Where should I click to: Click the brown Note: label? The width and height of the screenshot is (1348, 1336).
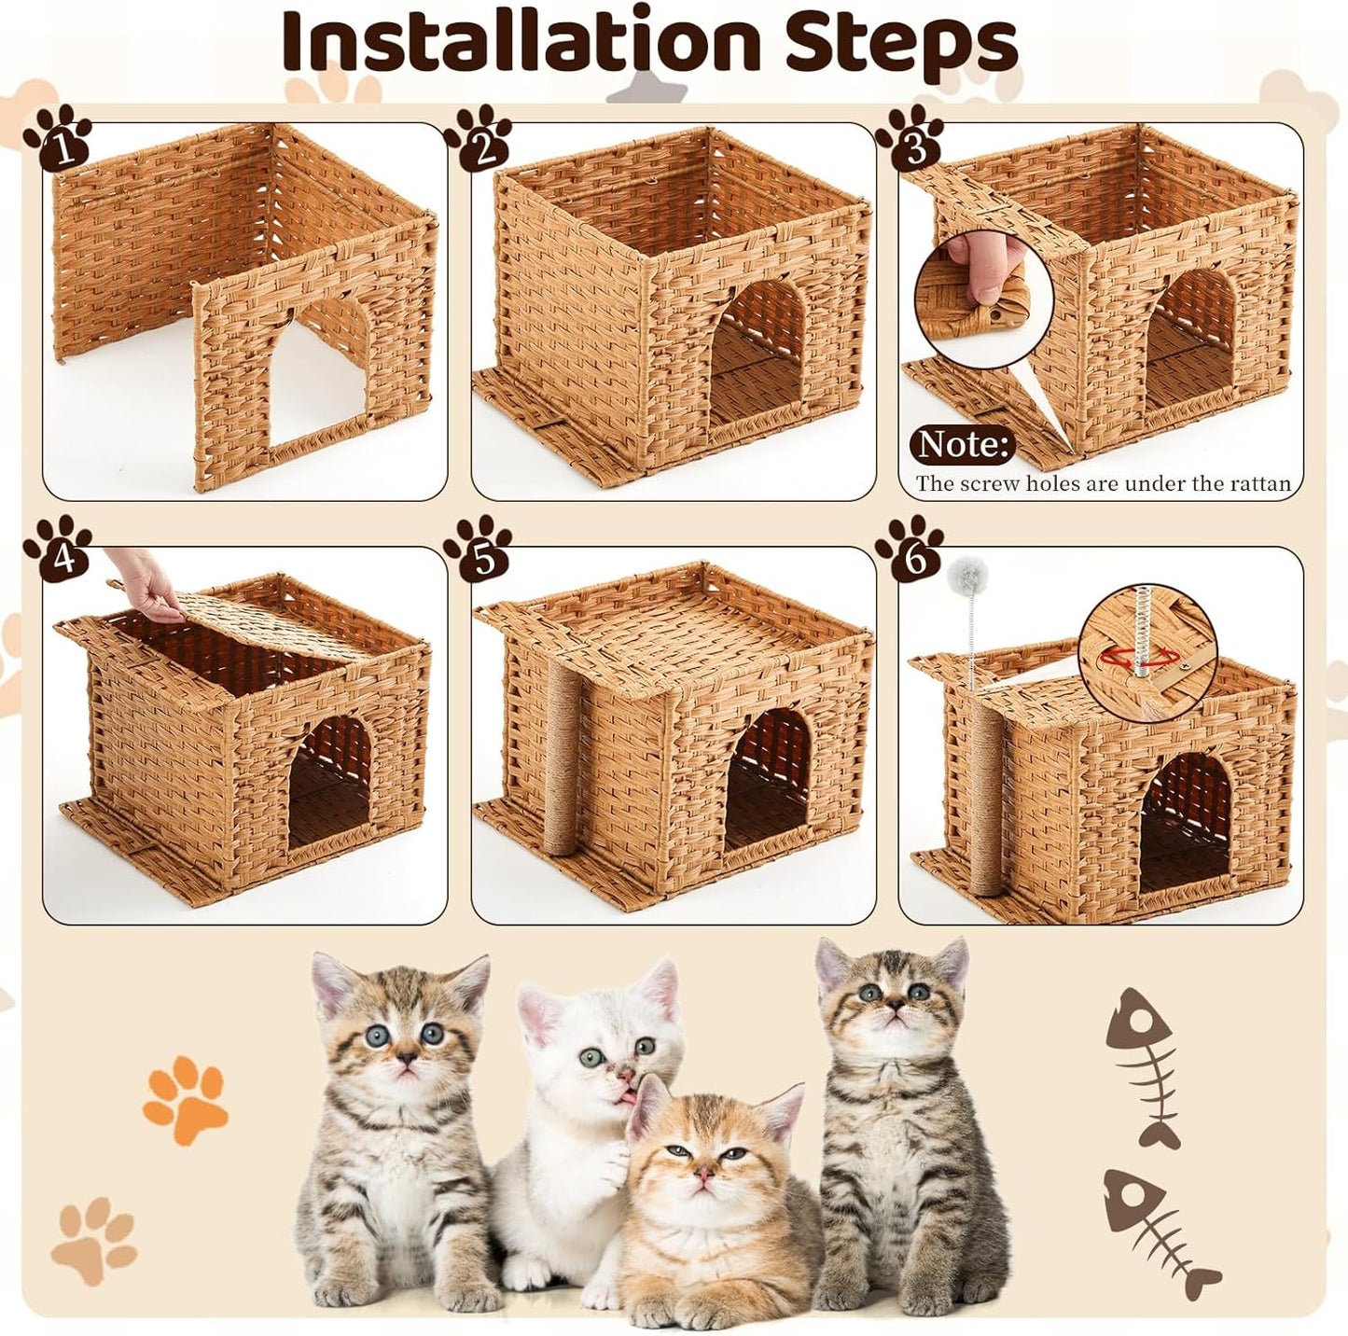coord(962,444)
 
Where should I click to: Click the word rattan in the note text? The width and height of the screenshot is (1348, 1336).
coord(1260,483)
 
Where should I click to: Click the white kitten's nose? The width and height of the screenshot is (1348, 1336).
coord(622,1076)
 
